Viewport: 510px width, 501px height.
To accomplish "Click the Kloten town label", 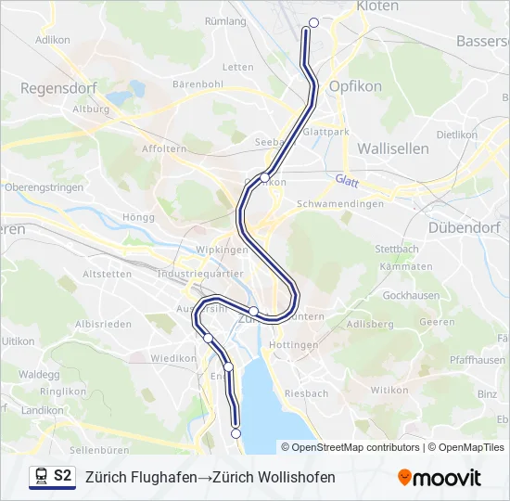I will click(377, 6).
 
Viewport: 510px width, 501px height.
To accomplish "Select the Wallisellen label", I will click(392, 148).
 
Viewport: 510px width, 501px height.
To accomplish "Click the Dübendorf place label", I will click(465, 227).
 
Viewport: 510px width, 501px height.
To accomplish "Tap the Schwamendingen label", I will click(339, 204).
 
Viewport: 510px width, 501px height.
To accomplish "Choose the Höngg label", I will click(137, 217).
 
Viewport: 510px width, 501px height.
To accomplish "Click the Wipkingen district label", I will click(223, 250).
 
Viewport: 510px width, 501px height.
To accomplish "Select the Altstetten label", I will click(107, 275).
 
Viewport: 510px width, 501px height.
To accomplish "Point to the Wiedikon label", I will click(174, 357).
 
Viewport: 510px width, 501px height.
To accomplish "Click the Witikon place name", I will click(389, 391).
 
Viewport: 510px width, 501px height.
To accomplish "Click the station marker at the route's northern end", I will click(313, 23).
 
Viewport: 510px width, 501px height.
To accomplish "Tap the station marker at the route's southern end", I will click(236, 433).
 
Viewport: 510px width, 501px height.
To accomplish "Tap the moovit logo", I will click(440, 478).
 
